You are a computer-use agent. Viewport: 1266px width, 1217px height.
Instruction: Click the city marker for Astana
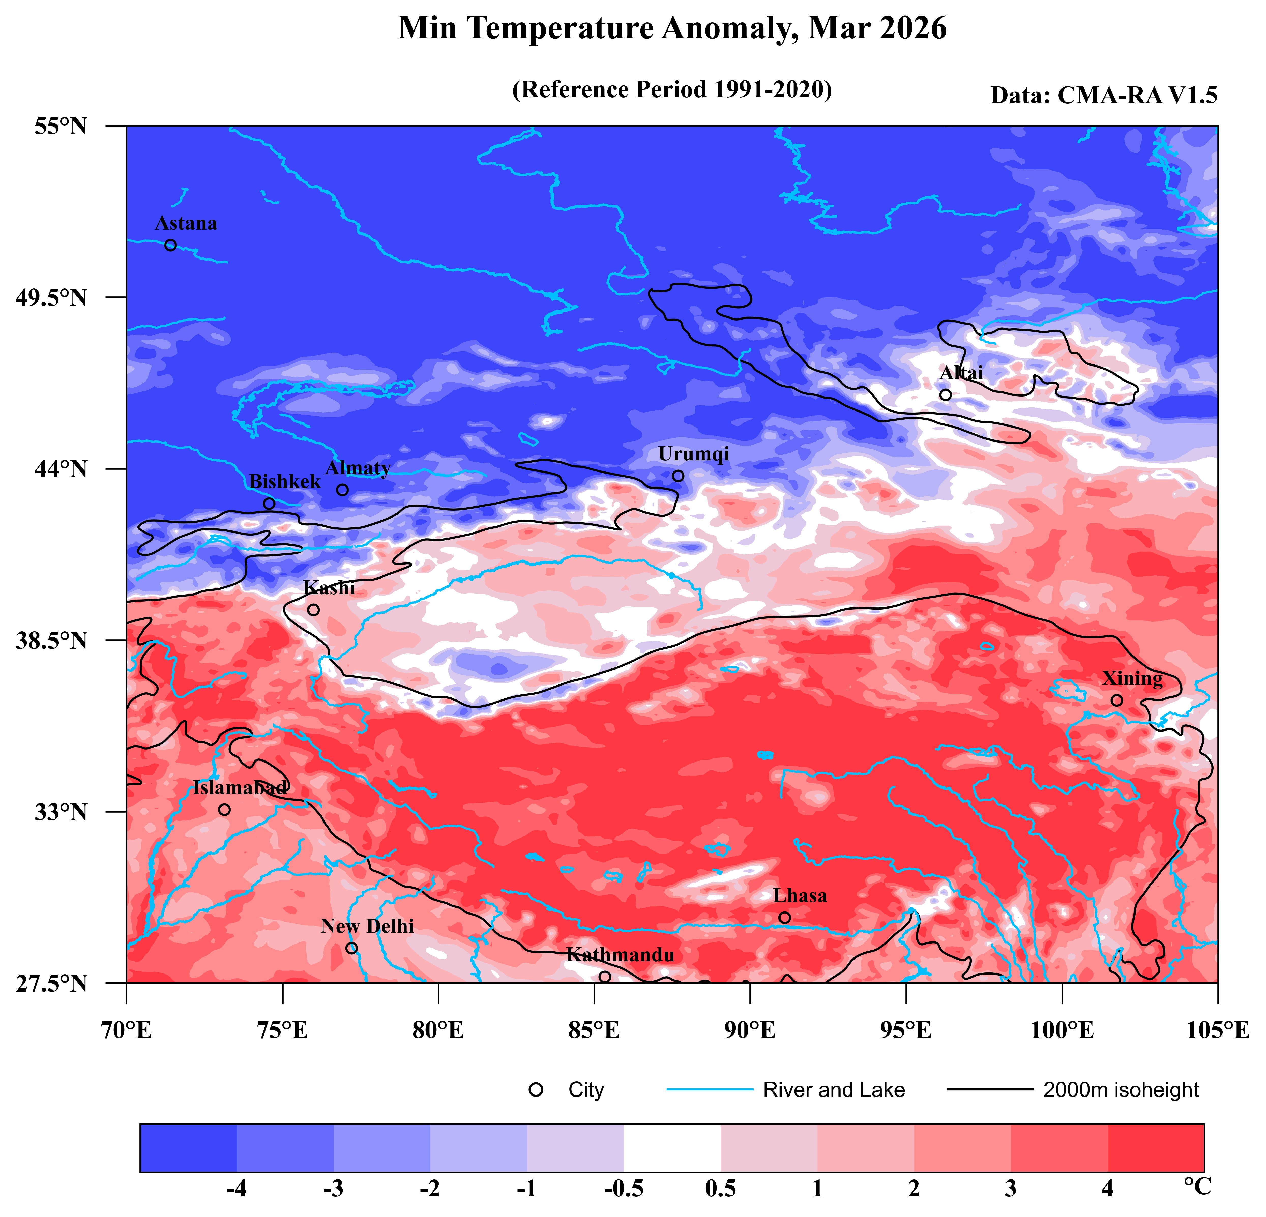click(x=171, y=245)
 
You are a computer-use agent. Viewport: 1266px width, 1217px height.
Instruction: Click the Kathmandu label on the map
click(x=620, y=955)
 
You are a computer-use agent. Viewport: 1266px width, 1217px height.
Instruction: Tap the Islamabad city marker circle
click(x=224, y=810)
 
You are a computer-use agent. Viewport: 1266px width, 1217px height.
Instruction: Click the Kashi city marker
click(x=313, y=610)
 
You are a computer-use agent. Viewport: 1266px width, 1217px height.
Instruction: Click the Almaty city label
click(x=358, y=468)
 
